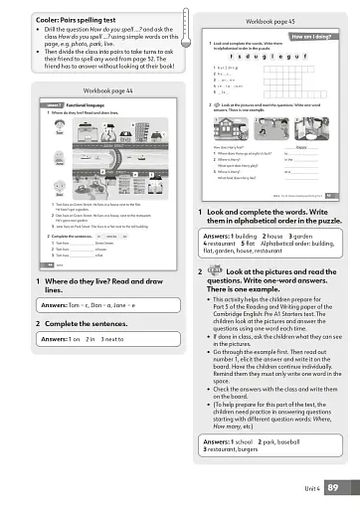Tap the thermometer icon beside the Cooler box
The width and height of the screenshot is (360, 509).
pos(177,41)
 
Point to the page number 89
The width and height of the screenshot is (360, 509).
pos(334,487)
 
